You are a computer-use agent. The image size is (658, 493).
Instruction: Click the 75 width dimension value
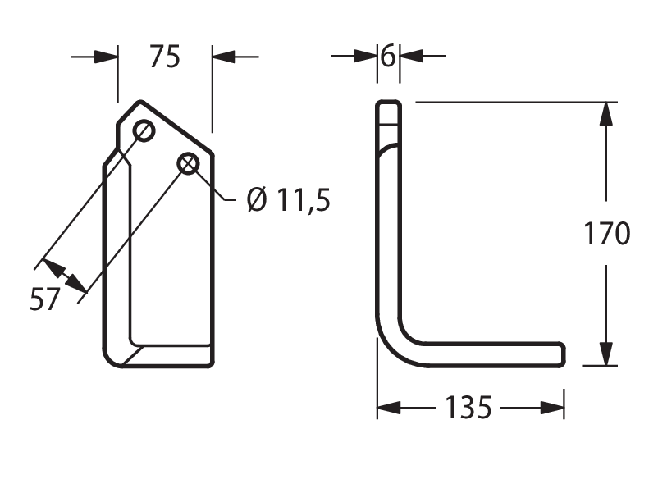coord(164,57)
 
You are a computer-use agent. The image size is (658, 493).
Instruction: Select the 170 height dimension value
coord(607,233)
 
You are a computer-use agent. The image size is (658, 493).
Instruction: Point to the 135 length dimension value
coord(468,408)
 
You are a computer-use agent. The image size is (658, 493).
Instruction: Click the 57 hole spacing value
coord(44,299)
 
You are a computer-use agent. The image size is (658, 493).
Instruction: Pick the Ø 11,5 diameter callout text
coord(289,199)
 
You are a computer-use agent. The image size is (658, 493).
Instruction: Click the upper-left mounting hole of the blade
coord(144,131)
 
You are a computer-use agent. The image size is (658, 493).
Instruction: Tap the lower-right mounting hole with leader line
coord(189,163)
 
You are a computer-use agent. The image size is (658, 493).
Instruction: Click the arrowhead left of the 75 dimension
coord(106,57)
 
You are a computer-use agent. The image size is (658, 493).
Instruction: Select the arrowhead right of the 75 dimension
coord(224,57)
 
